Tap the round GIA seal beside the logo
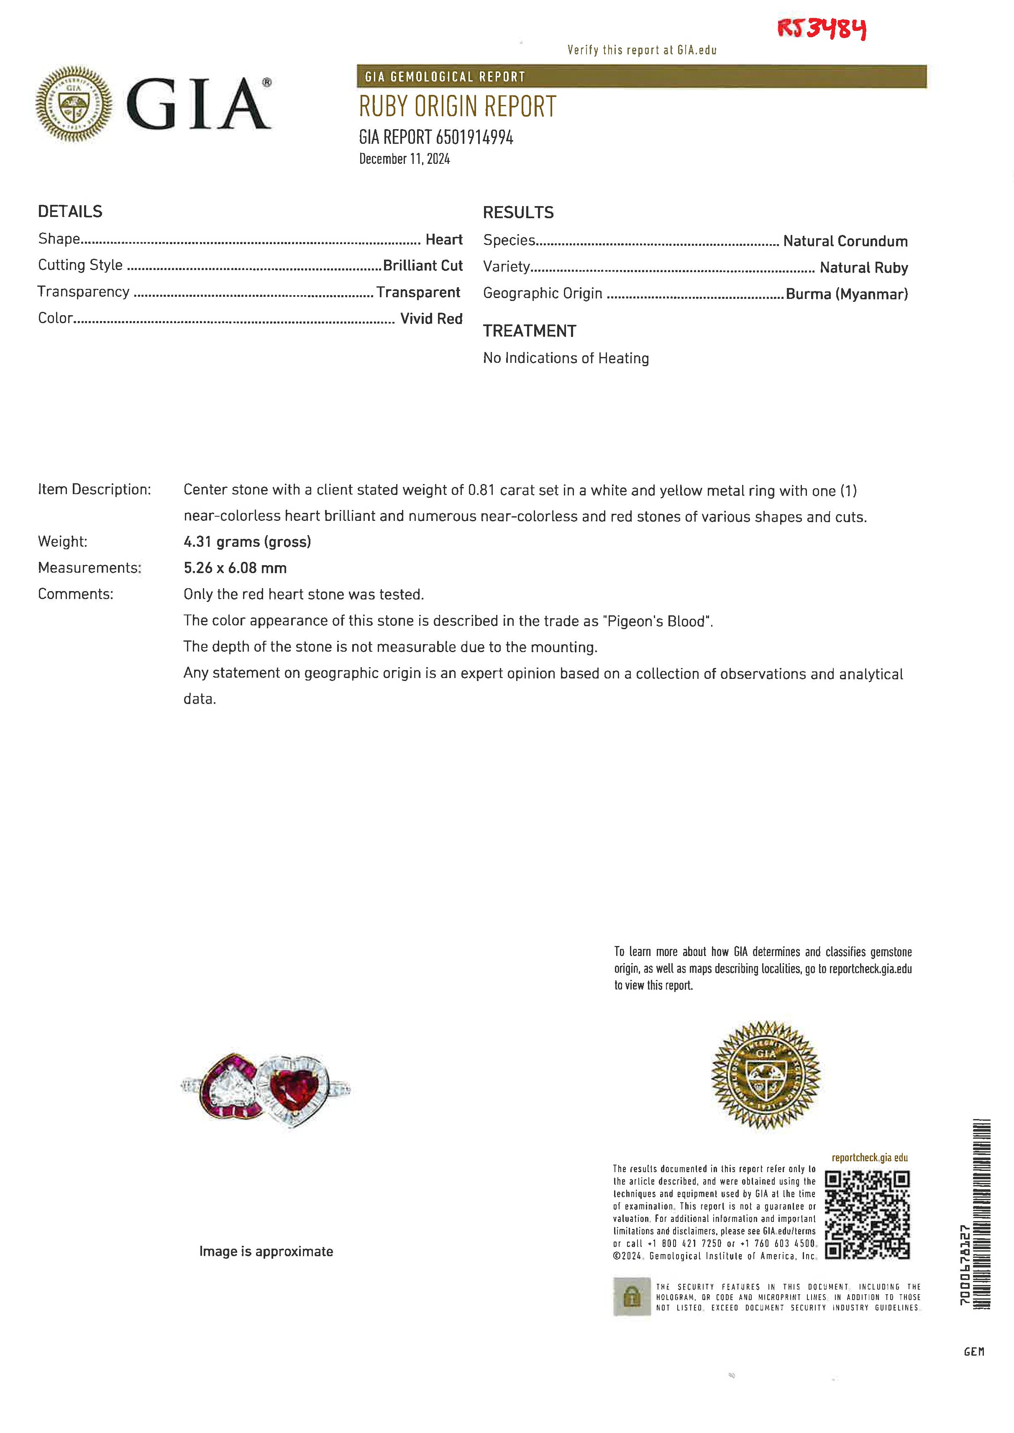coord(74,104)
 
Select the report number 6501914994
coord(474,137)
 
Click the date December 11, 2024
coord(404,159)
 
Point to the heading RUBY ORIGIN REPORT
coord(457,107)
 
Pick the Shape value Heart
coord(443,240)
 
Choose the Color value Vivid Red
coord(431,319)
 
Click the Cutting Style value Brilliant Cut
coord(422,266)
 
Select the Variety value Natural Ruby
coord(863,268)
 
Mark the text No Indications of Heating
coord(566,358)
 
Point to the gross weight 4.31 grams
coord(247,542)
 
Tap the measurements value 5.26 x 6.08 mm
coord(235,568)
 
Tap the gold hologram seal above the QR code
coord(766,1075)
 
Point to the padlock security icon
coord(632,1297)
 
